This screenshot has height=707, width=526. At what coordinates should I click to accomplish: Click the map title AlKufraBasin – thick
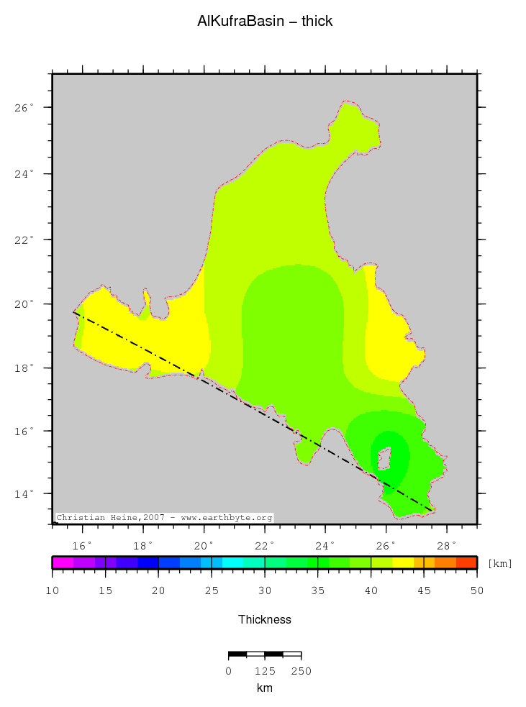265,22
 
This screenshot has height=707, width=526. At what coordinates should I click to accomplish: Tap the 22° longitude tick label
265,544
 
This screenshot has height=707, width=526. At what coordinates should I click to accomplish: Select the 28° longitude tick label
447,544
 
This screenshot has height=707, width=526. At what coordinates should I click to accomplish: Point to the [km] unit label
500,563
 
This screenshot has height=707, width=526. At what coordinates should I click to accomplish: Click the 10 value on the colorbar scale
52,590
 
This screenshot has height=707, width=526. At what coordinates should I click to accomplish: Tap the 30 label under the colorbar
265,590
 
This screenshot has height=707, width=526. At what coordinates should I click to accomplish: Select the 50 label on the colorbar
476,590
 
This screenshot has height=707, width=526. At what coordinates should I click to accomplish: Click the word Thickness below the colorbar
265,619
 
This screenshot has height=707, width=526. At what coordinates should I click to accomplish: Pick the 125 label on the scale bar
264,672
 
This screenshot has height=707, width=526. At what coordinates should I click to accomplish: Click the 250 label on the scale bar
301,672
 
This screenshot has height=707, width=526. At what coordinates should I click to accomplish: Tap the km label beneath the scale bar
264,688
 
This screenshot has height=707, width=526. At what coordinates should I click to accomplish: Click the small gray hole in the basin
384,457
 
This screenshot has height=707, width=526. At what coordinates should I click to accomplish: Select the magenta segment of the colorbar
63,562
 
